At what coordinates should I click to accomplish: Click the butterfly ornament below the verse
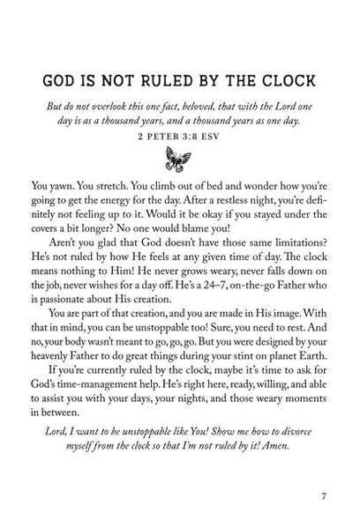pos(179,159)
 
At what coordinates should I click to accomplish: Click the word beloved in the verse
pos(226,99)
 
